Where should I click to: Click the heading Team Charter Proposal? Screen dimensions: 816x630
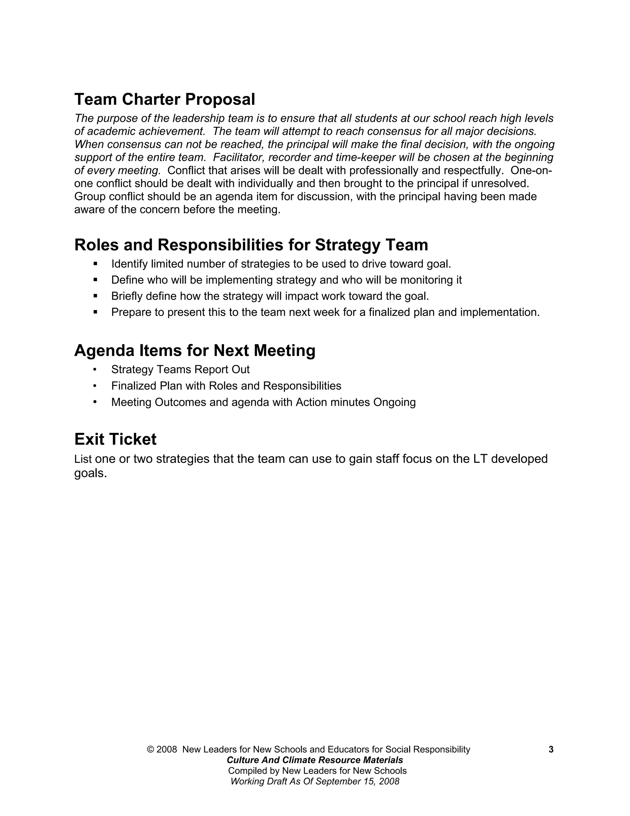tap(165, 99)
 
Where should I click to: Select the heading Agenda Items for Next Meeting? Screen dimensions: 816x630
tap(194, 350)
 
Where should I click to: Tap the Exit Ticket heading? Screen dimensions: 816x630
tap(115, 439)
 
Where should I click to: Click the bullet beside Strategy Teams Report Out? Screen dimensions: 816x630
tap(95, 370)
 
